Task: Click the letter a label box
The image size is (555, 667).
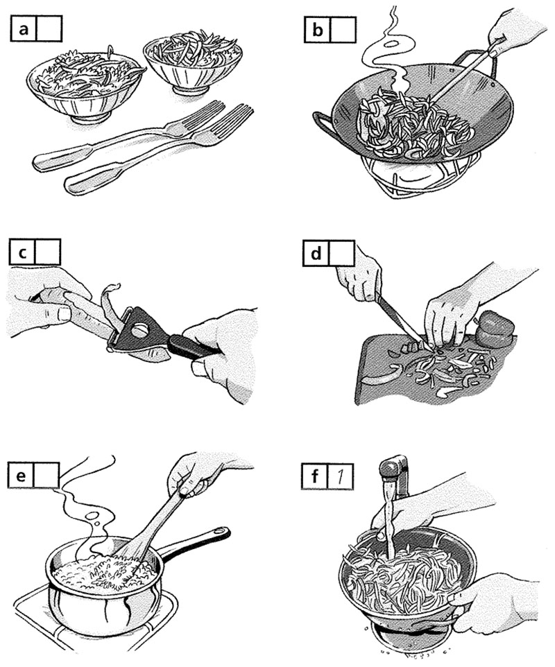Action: [24, 28]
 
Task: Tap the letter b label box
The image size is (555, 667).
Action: [318, 30]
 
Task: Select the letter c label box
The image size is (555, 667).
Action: [22, 252]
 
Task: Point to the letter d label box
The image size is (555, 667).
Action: [316, 254]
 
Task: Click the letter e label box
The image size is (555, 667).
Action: [20, 475]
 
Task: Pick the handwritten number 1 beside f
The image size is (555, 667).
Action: [341, 476]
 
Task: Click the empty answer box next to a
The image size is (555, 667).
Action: [50, 28]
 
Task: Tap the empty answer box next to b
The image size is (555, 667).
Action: [343, 30]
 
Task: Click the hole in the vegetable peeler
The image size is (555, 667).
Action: [139, 329]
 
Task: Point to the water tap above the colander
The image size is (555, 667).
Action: [394, 472]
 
